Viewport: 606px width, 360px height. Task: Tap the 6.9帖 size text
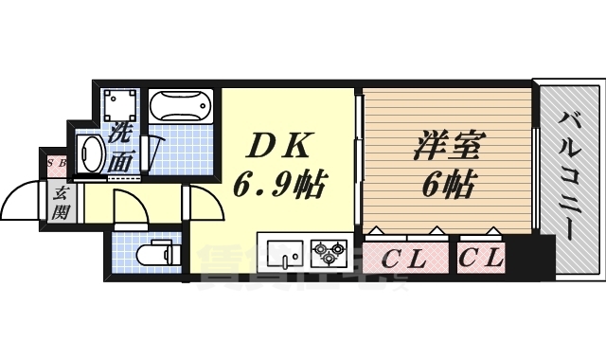point(280,182)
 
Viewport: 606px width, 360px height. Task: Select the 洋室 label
point(449,148)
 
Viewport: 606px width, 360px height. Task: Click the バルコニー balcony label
point(570,174)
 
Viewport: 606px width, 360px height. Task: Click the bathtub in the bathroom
point(184,103)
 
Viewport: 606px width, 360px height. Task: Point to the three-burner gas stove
point(330,252)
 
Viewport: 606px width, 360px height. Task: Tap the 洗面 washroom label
point(120,148)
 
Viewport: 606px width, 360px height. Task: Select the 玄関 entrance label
point(59,202)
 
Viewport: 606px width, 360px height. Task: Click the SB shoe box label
point(56,164)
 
